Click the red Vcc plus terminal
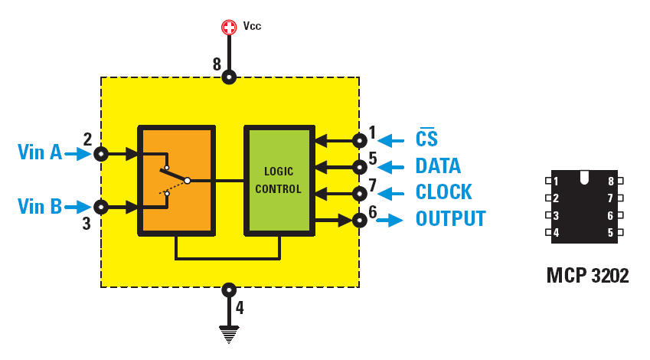(x=229, y=28)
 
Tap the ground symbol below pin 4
(x=229, y=332)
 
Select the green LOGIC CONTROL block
(x=278, y=180)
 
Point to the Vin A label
(x=40, y=152)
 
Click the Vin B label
(x=40, y=206)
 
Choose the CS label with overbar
(x=426, y=139)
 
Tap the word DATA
(x=438, y=166)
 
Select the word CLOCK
(x=443, y=192)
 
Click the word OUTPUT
(x=450, y=219)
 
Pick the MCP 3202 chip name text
(x=587, y=276)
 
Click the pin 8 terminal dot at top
(x=229, y=77)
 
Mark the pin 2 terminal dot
(x=101, y=154)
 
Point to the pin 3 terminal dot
(x=101, y=207)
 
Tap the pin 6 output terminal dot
(x=359, y=221)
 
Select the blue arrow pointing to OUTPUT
(x=390, y=221)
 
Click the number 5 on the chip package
(x=611, y=233)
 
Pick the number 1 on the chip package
(x=556, y=182)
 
